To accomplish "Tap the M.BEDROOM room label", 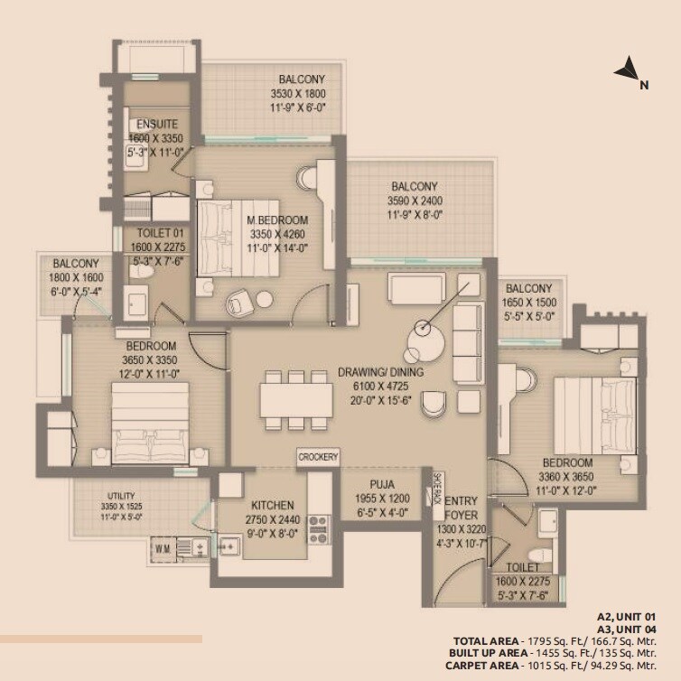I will (277, 220).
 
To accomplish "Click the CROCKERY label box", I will (318, 458).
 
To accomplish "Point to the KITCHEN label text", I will (274, 508).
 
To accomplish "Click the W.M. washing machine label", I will (163, 546).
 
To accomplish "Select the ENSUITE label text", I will (152, 125).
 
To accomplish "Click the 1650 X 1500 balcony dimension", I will (529, 303).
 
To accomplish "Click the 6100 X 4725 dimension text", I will (380, 386).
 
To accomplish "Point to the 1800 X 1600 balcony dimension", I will (76, 280).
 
